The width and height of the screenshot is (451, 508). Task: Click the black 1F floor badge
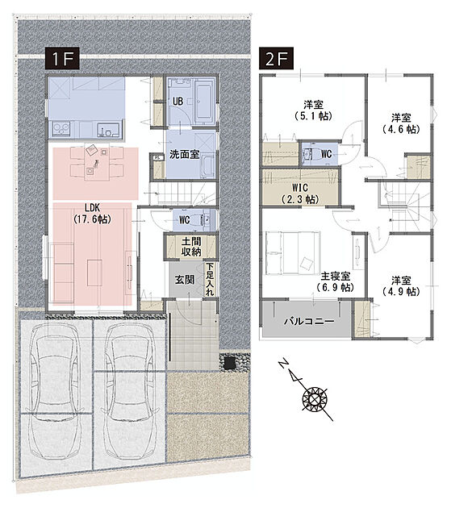[62, 59]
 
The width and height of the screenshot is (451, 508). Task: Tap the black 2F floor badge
[276, 59]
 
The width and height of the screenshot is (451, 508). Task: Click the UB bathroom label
[177, 102]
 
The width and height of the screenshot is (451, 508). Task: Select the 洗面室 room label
[184, 155]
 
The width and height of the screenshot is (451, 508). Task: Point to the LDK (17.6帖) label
[93, 214]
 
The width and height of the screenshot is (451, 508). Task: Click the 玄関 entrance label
[185, 280]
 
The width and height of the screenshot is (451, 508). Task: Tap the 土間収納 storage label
[191, 247]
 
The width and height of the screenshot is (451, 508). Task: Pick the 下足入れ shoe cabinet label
[210, 279]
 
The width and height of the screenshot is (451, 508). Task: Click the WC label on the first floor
[185, 220]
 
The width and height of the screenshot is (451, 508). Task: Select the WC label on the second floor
[327, 154]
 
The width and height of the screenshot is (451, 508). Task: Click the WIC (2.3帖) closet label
[300, 193]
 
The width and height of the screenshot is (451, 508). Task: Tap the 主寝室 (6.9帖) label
[336, 281]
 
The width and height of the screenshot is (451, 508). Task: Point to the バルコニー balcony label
[309, 322]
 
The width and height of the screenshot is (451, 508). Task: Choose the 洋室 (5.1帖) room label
[313, 110]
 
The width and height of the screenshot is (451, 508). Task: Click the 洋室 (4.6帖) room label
[401, 123]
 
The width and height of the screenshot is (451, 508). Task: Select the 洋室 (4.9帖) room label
[401, 285]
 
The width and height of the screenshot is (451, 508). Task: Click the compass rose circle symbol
[315, 398]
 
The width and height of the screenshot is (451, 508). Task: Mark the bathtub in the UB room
[204, 102]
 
